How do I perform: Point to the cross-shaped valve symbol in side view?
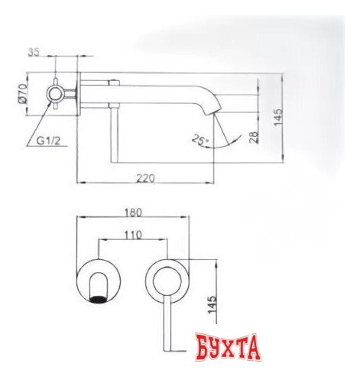(57, 94)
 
